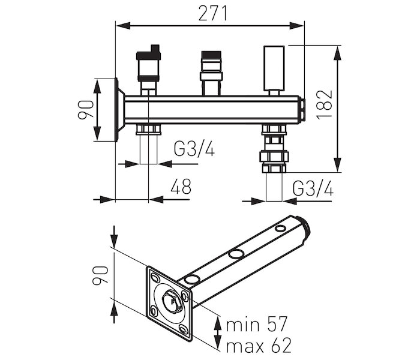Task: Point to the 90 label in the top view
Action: (85, 110)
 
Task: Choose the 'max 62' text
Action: (258, 346)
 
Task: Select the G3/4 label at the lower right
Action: (313, 188)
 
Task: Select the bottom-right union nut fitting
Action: (274, 157)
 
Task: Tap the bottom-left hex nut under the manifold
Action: (148, 130)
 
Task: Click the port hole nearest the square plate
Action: (193, 280)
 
